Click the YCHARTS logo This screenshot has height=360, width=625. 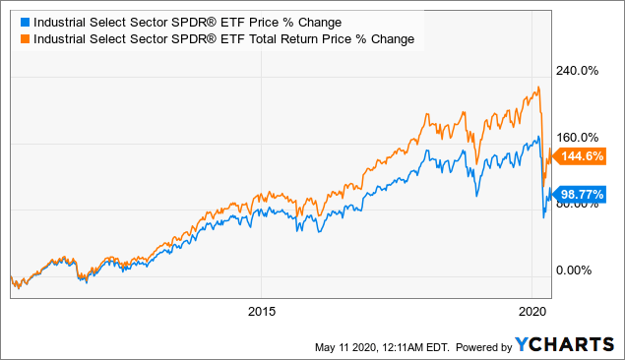click(564, 345)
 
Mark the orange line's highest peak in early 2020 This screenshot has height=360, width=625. click(537, 89)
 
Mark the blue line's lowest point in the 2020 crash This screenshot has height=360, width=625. click(545, 217)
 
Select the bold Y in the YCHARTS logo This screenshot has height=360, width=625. click(523, 345)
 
